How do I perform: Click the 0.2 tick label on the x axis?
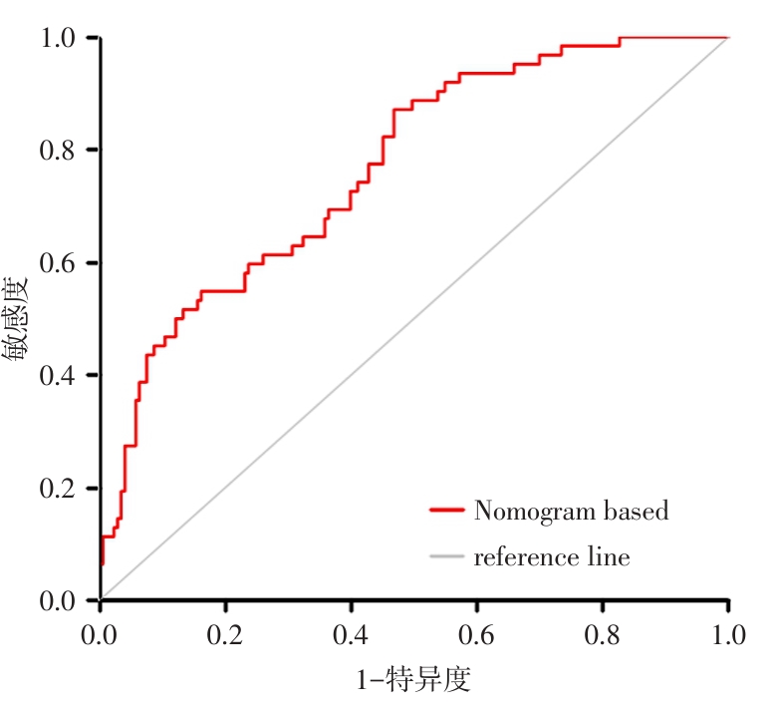(226, 634)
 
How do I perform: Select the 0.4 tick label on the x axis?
(352, 634)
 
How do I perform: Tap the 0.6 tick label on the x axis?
(477, 634)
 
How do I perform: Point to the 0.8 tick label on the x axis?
(603, 634)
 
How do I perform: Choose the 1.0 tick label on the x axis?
(728, 634)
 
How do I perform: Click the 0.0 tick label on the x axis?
(101, 634)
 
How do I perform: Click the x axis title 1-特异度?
(412, 681)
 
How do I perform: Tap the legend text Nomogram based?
(571, 511)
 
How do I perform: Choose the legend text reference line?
(552, 556)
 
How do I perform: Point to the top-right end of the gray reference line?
(728, 38)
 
